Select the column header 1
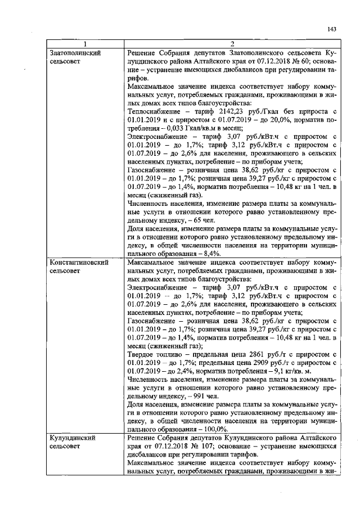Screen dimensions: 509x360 point(85,44)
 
